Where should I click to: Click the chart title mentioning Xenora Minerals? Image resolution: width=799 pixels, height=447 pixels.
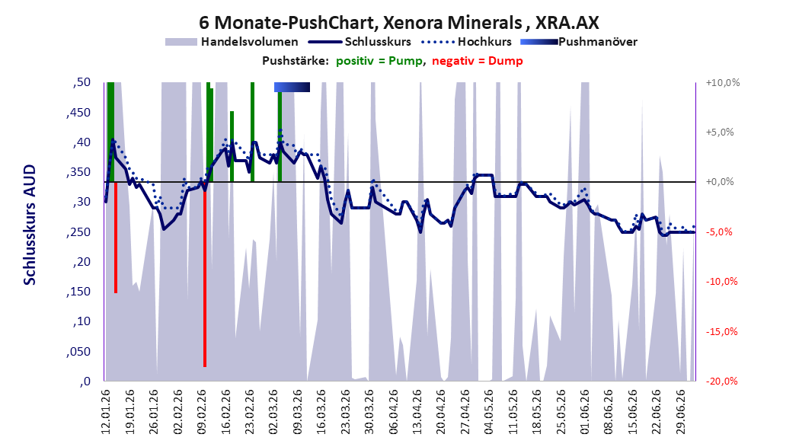399,22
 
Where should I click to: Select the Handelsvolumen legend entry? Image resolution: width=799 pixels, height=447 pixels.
232,42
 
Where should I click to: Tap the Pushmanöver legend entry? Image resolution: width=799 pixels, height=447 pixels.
579,42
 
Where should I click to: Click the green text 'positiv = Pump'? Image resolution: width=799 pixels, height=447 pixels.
379,61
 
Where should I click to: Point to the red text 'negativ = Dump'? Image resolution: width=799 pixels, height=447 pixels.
478,61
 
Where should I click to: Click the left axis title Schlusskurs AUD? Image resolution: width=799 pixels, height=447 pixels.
30,225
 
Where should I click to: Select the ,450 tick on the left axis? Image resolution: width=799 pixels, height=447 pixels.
78,113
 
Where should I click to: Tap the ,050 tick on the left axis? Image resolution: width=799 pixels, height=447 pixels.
78,352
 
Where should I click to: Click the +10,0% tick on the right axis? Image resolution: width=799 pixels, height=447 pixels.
723,82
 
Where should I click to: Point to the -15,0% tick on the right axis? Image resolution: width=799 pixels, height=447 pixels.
721,332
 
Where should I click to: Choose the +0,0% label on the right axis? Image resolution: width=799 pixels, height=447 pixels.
720,182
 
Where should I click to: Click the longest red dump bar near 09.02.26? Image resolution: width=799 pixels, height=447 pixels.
205,274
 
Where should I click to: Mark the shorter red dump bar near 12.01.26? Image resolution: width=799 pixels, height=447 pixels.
116,238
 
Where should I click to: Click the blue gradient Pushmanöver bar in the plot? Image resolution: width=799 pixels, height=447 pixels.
292,87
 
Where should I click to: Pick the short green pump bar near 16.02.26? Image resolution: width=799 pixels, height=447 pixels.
232,146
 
